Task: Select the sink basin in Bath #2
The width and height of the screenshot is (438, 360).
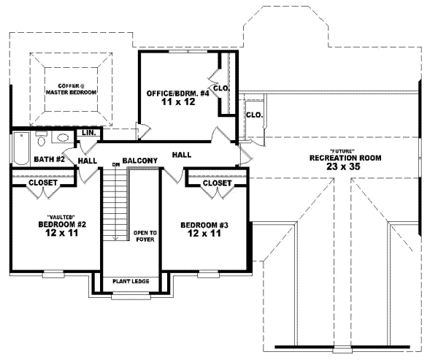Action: [64, 137]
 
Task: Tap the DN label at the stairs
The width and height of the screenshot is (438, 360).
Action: [115, 164]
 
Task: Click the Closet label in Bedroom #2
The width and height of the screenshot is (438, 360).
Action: [43, 183]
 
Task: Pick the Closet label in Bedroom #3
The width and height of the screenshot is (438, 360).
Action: [217, 183]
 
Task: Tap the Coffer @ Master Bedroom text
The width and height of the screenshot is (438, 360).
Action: [71, 89]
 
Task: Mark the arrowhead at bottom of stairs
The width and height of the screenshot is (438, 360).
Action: [115, 238]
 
